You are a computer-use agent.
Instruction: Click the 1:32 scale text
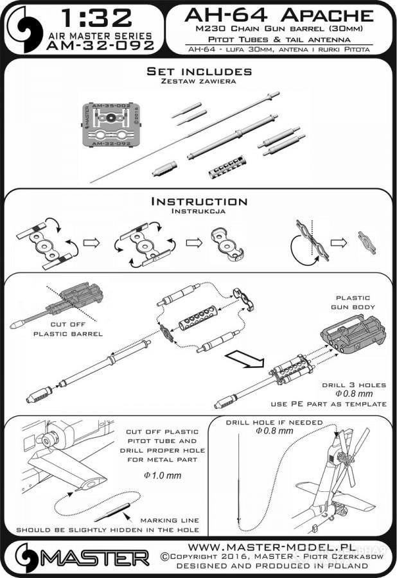click(x=100, y=17)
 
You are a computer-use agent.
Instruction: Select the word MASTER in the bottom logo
click(x=103, y=556)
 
